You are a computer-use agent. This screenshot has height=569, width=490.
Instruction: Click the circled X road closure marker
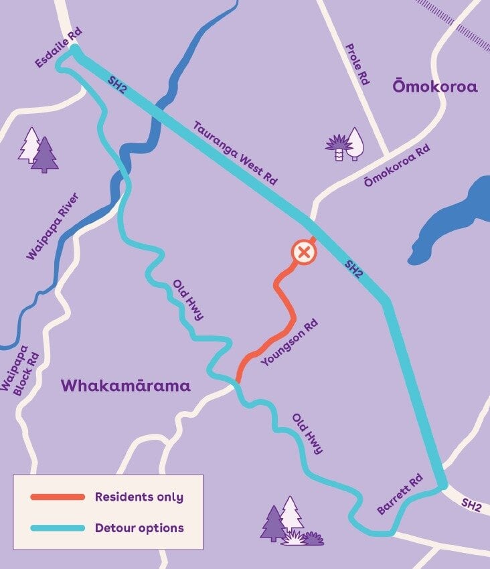click(x=303, y=253)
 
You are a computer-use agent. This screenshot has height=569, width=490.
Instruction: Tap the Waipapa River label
click(x=53, y=226)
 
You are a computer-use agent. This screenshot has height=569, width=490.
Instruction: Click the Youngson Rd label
click(x=289, y=343)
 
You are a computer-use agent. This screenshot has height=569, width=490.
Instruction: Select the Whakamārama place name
click(x=125, y=386)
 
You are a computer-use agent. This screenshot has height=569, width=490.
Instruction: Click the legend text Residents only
click(x=139, y=497)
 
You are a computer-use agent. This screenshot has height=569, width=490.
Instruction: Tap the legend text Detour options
click(x=139, y=528)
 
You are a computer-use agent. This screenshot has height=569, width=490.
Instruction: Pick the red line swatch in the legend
click(x=58, y=497)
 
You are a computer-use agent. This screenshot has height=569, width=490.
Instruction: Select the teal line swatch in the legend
click(x=58, y=528)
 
